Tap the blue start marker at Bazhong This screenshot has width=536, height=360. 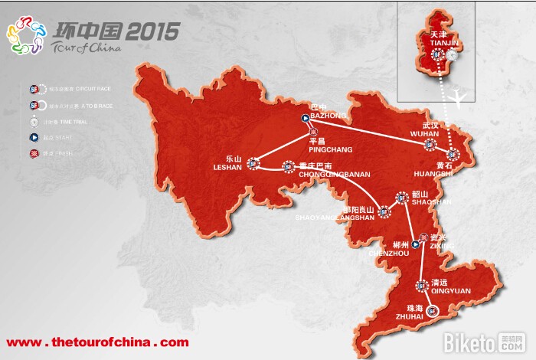pyautogui.click(x=305, y=118)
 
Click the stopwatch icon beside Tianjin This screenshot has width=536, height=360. pyautogui.click(x=454, y=55)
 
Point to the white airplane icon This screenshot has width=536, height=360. pyautogui.click(x=460, y=96)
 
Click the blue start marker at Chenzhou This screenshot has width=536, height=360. pyautogui.click(x=415, y=244)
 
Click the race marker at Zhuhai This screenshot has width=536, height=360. pyautogui.click(x=433, y=310)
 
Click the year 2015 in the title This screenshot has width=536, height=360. pyautogui.click(x=153, y=31)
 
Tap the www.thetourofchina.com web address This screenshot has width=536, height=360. pyautogui.click(x=97, y=342)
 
